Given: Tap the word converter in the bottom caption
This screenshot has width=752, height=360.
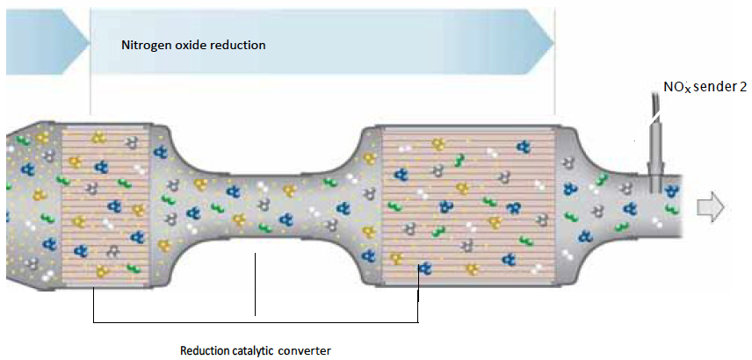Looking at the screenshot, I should point(307,350).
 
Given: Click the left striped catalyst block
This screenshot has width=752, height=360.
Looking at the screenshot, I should point(106,207).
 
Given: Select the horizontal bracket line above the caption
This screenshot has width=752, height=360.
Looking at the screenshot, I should point(255,322).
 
